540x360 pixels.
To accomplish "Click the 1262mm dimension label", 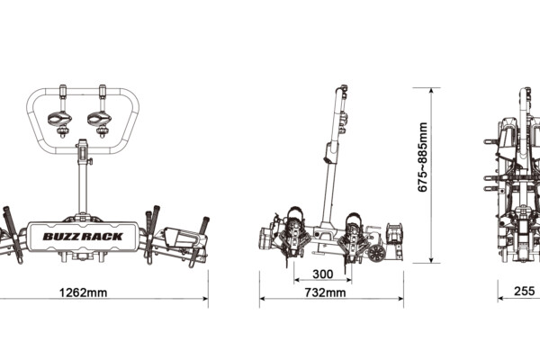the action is pyautogui.click(x=83, y=292).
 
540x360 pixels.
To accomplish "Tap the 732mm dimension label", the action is pyautogui.click(x=325, y=292).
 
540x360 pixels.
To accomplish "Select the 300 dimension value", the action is pyautogui.click(x=323, y=274).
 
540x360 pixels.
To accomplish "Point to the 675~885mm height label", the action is pyautogui.click(x=422, y=157).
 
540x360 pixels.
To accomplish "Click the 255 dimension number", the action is pyautogui.click(x=525, y=291).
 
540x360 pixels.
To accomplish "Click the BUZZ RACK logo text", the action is pyautogui.click(x=83, y=237).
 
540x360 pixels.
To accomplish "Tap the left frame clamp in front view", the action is pyautogui.click(x=60, y=120).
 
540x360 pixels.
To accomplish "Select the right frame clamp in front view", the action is pyautogui.click(x=100, y=120).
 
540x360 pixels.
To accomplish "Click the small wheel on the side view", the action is pyautogui.click(x=376, y=254).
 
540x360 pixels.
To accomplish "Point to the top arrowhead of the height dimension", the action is pyautogui.click(x=431, y=91).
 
